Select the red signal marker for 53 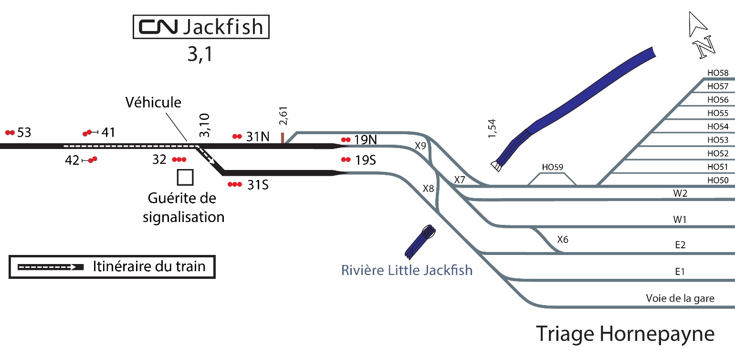click(10, 132)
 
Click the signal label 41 click(108, 132)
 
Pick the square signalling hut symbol click(185, 177)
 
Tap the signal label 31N click(258, 137)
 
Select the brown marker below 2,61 click(283, 138)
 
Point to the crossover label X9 click(420, 146)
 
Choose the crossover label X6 click(563, 239)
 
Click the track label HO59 click(552, 168)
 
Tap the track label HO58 click(718, 73)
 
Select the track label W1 click(680, 220)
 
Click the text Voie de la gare click(680, 299)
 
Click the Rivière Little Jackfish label click(407, 270)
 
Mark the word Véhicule click(154, 102)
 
